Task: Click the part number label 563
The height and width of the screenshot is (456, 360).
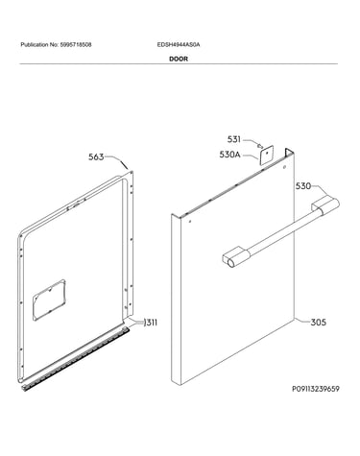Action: click(96, 157)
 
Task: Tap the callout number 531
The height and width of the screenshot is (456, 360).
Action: click(234, 139)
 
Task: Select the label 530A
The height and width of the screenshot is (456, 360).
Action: click(229, 155)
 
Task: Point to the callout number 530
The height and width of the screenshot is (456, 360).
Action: click(303, 186)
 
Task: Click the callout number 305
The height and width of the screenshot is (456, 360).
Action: click(319, 323)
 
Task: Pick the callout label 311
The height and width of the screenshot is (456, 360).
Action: click(151, 323)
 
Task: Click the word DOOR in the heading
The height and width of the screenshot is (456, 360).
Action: click(179, 59)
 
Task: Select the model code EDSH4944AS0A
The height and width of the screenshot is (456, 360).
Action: click(179, 45)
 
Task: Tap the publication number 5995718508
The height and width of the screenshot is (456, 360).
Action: click(76, 45)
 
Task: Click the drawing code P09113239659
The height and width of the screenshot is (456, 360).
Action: click(316, 389)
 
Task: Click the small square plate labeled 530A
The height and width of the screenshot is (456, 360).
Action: click(266, 154)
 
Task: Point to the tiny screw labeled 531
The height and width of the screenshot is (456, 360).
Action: click(259, 145)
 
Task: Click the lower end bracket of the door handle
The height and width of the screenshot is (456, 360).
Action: click(235, 256)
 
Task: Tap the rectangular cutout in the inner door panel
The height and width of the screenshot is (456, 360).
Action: click(49, 300)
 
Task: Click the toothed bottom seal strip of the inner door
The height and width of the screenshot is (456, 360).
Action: click(76, 357)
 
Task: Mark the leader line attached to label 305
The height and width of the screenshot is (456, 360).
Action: click(302, 321)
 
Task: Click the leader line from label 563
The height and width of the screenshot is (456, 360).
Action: click(116, 161)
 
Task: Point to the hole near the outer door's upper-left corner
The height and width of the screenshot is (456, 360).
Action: click(190, 221)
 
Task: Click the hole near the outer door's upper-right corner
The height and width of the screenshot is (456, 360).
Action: click(284, 167)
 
